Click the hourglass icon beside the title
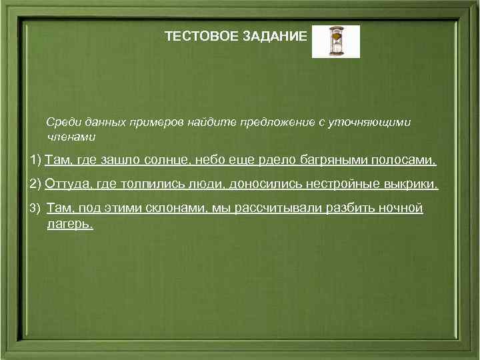[335, 41]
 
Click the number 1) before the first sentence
[35, 161]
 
